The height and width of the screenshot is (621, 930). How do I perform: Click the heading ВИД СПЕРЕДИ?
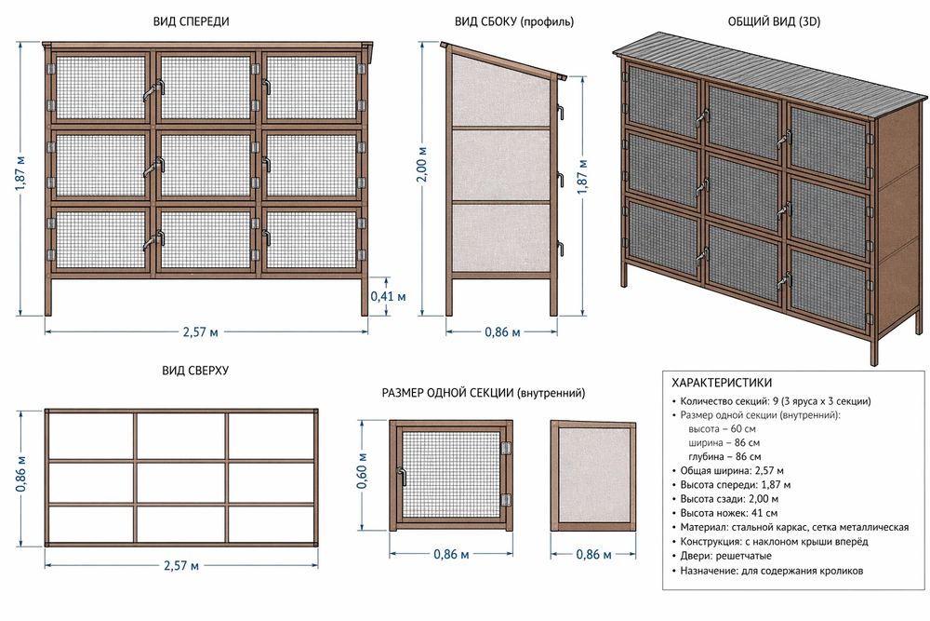[x=192, y=20]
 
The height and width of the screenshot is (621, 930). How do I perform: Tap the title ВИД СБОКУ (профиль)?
[x=513, y=20]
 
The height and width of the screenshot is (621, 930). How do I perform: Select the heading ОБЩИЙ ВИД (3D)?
[x=774, y=20]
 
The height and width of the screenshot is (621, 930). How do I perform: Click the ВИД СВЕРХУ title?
[x=195, y=370]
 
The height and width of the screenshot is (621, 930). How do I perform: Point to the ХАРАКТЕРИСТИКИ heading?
[x=721, y=383]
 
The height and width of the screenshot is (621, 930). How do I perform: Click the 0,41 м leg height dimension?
[x=388, y=297]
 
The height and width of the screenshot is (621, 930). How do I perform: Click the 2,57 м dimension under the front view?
[x=203, y=331]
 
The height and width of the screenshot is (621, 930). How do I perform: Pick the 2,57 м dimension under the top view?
[x=181, y=565]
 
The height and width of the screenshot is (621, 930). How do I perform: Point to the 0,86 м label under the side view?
[x=502, y=331]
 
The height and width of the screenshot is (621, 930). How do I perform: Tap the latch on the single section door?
[x=403, y=475]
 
